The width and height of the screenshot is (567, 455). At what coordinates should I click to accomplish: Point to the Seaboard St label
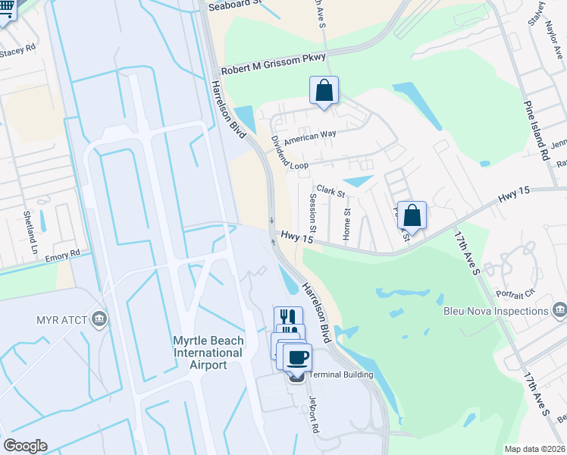[x=237, y=3]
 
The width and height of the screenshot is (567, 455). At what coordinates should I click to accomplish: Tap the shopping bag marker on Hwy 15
[x=412, y=215]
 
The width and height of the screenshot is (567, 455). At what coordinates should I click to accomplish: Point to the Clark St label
[x=330, y=191]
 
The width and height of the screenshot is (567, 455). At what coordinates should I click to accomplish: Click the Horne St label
[x=346, y=225]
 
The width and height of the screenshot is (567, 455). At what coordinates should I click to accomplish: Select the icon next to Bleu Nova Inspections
[x=559, y=310]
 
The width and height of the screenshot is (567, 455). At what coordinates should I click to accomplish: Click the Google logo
[x=25, y=446]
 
